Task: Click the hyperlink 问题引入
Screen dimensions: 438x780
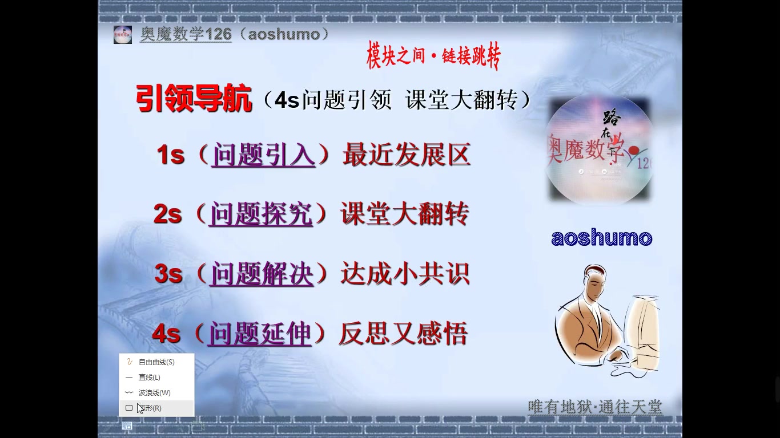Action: pyautogui.click(x=263, y=155)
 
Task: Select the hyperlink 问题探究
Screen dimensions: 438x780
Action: pyautogui.click(x=261, y=214)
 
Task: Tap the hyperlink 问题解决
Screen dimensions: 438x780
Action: pyautogui.click(x=262, y=274)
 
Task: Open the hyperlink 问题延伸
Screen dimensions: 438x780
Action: pyautogui.click(x=260, y=334)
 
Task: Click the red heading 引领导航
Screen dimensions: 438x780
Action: pyautogui.click(x=194, y=99)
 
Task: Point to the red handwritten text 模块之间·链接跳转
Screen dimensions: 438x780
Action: pyautogui.click(x=433, y=56)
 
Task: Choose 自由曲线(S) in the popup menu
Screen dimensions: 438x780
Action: pyautogui.click(x=156, y=362)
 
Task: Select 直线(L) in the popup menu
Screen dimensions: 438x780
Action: pyautogui.click(x=149, y=377)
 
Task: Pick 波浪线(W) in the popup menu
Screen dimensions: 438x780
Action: pyautogui.click(x=154, y=392)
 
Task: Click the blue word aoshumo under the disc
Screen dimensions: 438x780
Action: pyautogui.click(x=601, y=238)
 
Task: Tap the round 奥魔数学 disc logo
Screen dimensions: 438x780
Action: pyautogui.click(x=599, y=150)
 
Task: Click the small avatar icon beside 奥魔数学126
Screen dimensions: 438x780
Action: pyautogui.click(x=123, y=35)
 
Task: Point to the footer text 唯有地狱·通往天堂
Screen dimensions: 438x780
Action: pyautogui.click(x=594, y=407)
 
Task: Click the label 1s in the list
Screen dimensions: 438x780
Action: pyautogui.click(x=170, y=155)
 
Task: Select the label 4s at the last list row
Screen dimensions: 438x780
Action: pyautogui.click(x=166, y=334)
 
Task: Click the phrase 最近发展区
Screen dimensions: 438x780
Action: pyautogui.click(x=406, y=155)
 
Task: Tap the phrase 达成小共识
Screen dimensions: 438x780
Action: pyautogui.click(x=405, y=274)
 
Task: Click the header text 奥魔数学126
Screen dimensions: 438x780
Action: pyautogui.click(x=186, y=34)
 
